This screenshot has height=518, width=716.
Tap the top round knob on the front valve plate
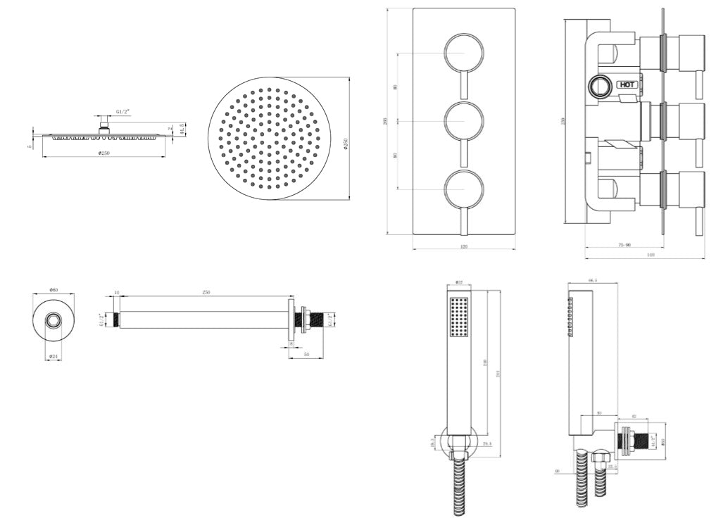[x=463, y=53]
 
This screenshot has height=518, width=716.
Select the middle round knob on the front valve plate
[x=463, y=121]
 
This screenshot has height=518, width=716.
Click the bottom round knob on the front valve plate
[x=463, y=189]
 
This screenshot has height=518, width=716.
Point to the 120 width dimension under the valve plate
[x=464, y=246]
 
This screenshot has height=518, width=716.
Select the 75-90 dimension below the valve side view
[x=624, y=245]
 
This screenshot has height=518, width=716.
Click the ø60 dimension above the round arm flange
[x=53, y=290]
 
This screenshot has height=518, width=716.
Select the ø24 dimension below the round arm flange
[x=54, y=357]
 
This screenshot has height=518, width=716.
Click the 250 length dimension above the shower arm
[x=206, y=291]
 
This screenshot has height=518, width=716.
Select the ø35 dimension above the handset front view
[x=458, y=283]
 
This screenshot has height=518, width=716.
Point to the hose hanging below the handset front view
[x=458, y=486]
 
